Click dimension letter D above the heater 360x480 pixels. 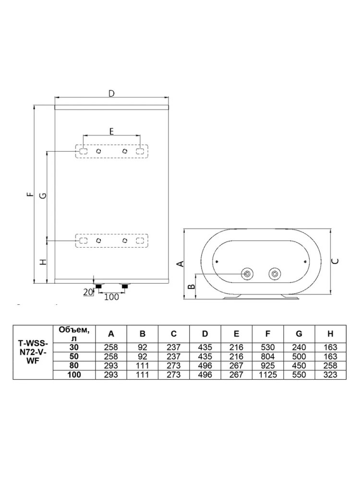pos(111,94)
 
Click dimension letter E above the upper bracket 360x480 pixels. pos(111,132)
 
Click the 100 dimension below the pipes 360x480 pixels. pos(111,297)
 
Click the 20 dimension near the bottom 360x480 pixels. pos(87,292)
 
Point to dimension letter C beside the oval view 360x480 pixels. pos(336,262)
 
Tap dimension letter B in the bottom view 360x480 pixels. pos(191,287)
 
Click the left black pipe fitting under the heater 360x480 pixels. pos(98,286)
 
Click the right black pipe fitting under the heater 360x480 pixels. pos(125,286)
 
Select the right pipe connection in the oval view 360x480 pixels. pos(274,274)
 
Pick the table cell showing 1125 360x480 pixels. pos(267,375)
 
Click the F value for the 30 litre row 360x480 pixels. pos(267,348)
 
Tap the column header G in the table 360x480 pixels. pos(299,334)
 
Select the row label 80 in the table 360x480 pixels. pos(74,365)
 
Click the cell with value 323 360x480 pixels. pos(330,375)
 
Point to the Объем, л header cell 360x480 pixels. pos(74,334)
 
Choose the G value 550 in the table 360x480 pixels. pos(299,375)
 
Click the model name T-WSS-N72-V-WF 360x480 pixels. pos(33,352)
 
